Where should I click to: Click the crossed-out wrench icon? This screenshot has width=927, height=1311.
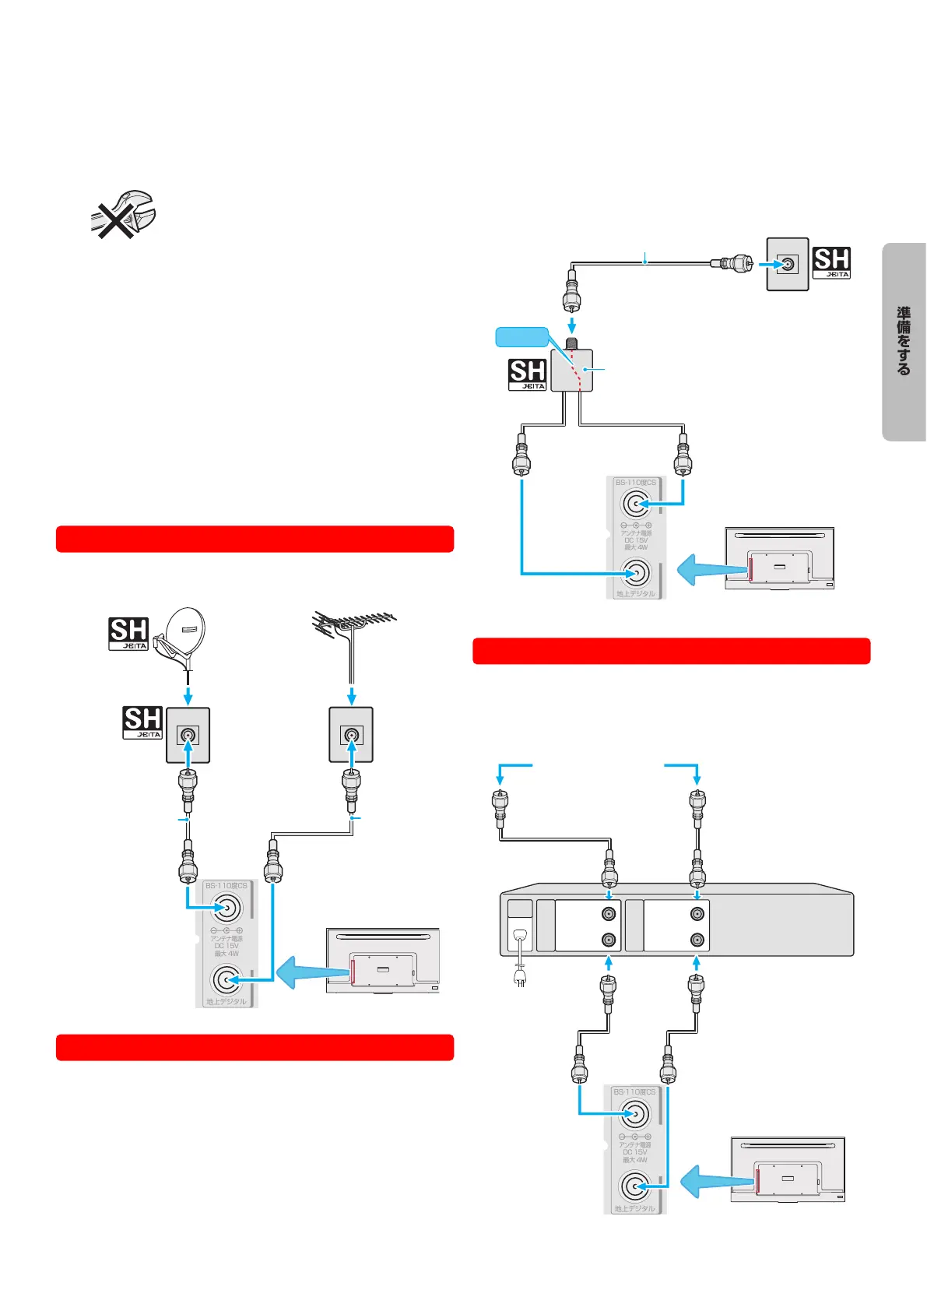click(122, 213)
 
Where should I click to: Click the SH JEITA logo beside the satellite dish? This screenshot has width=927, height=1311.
click(128, 634)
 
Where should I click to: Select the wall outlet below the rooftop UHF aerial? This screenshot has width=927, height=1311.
click(351, 734)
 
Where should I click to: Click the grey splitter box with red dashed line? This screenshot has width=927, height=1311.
click(572, 370)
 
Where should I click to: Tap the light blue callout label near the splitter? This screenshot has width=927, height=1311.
click(521, 336)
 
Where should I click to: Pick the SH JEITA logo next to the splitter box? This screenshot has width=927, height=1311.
click(527, 374)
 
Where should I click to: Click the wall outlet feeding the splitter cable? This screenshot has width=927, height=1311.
click(788, 264)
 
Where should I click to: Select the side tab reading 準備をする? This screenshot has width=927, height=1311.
click(904, 342)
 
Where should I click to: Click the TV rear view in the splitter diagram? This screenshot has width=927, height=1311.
click(779, 558)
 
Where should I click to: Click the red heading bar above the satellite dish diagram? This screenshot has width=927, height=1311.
click(255, 539)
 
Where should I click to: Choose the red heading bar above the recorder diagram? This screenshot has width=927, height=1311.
click(671, 651)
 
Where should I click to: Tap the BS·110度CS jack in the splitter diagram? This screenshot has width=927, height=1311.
click(636, 504)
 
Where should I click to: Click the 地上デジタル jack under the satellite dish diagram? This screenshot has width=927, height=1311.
click(226, 980)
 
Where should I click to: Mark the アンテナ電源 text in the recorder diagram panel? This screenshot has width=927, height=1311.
click(634, 1145)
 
